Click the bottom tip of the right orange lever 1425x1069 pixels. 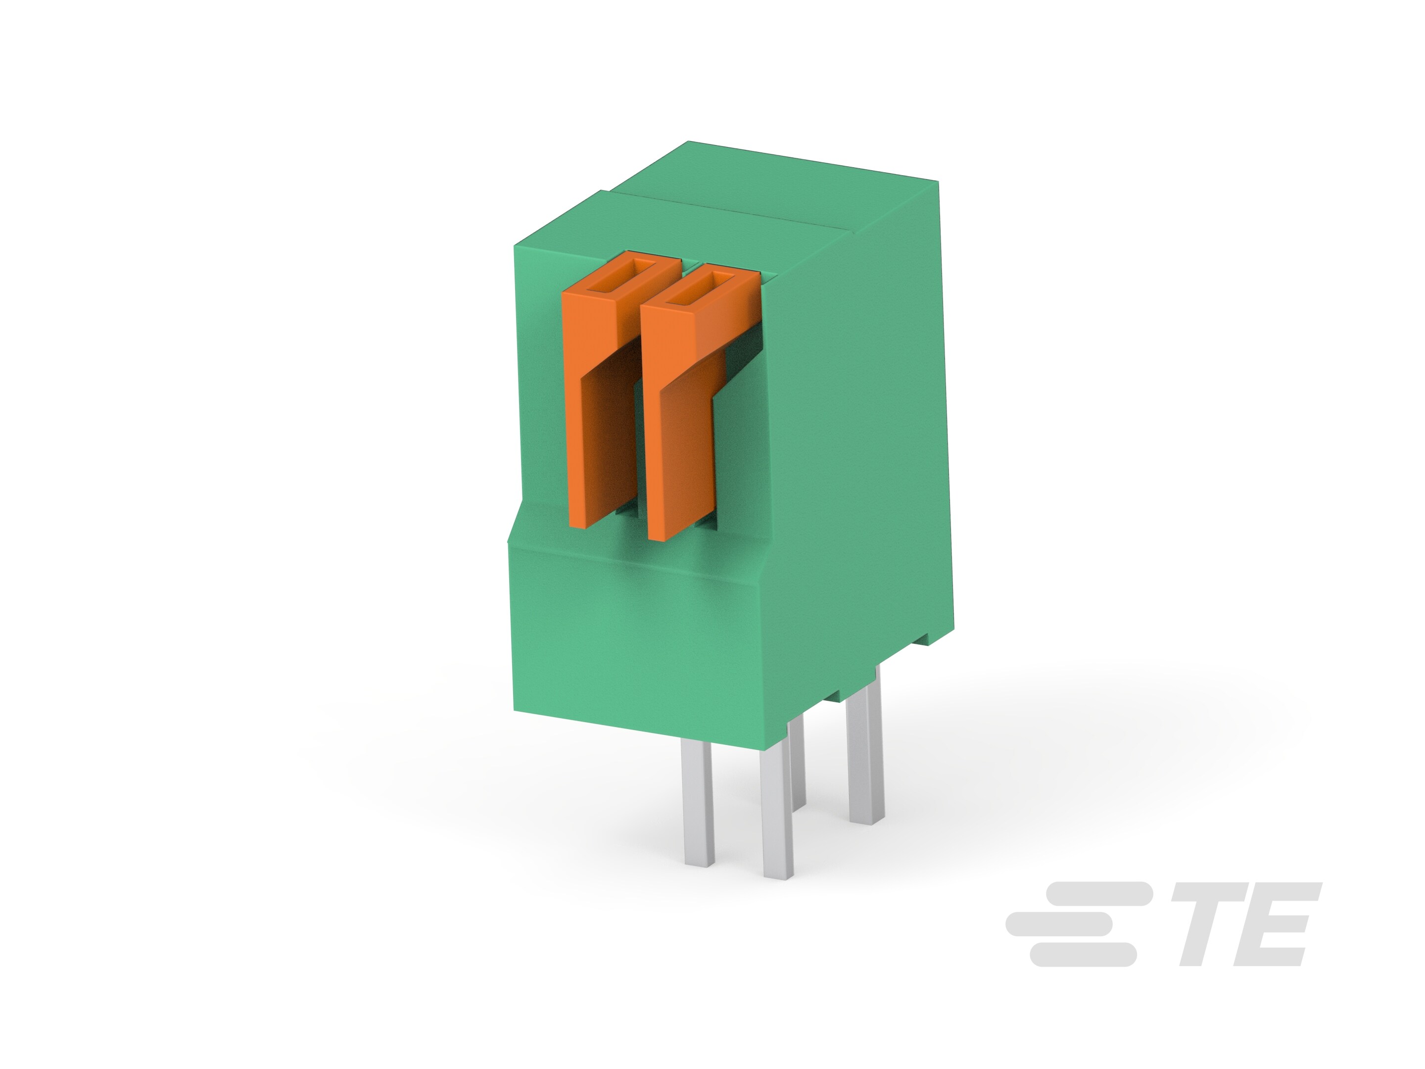[664, 532]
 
